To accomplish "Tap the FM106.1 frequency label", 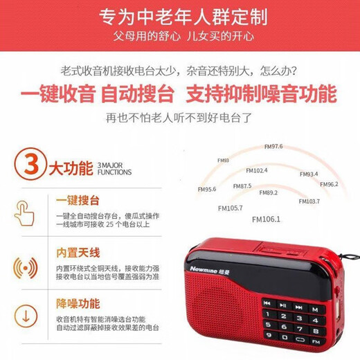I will point(267,219).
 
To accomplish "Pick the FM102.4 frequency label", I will point(256,170).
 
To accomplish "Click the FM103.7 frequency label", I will point(309,201).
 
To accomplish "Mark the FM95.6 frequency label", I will point(206,189).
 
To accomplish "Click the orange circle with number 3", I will point(25,168).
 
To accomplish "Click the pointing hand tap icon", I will point(25,212).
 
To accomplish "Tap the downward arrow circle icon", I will point(25,316).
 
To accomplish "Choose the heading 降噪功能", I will point(78,303).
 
